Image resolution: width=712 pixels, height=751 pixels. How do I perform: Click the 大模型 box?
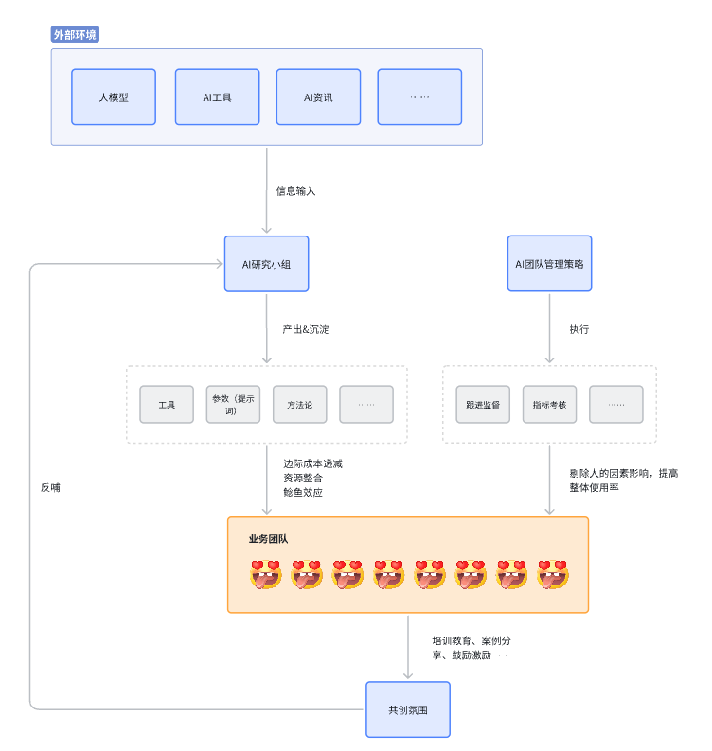click(114, 96)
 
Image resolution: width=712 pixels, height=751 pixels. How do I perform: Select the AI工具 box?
click(217, 96)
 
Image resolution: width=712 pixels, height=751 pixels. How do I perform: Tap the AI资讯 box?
click(318, 96)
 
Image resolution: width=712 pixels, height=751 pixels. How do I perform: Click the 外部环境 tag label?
click(75, 35)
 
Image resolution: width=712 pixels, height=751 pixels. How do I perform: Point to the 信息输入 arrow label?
click(295, 191)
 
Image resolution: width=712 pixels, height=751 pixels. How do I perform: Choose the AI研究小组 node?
click(266, 264)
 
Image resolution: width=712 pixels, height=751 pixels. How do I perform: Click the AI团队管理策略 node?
click(549, 264)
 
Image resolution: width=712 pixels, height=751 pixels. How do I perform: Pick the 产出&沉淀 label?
click(305, 329)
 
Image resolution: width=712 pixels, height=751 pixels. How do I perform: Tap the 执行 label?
click(579, 329)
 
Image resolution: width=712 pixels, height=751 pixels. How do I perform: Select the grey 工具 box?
click(167, 404)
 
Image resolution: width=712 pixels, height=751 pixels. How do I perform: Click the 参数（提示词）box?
click(233, 404)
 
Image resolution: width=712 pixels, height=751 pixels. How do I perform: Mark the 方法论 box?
click(299, 404)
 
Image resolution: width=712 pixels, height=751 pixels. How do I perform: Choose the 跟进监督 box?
click(483, 404)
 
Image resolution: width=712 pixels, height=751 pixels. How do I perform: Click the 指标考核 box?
click(549, 404)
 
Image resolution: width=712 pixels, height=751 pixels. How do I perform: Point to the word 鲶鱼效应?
click(302, 492)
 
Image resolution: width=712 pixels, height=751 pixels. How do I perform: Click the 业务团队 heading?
click(268, 539)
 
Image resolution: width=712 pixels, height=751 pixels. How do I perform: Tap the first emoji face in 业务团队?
click(266, 574)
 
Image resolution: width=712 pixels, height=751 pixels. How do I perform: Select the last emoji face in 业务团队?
click(553, 574)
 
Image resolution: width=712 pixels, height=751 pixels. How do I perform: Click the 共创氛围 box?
click(407, 708)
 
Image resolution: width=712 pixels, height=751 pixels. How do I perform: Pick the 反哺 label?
click(50, 488)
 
